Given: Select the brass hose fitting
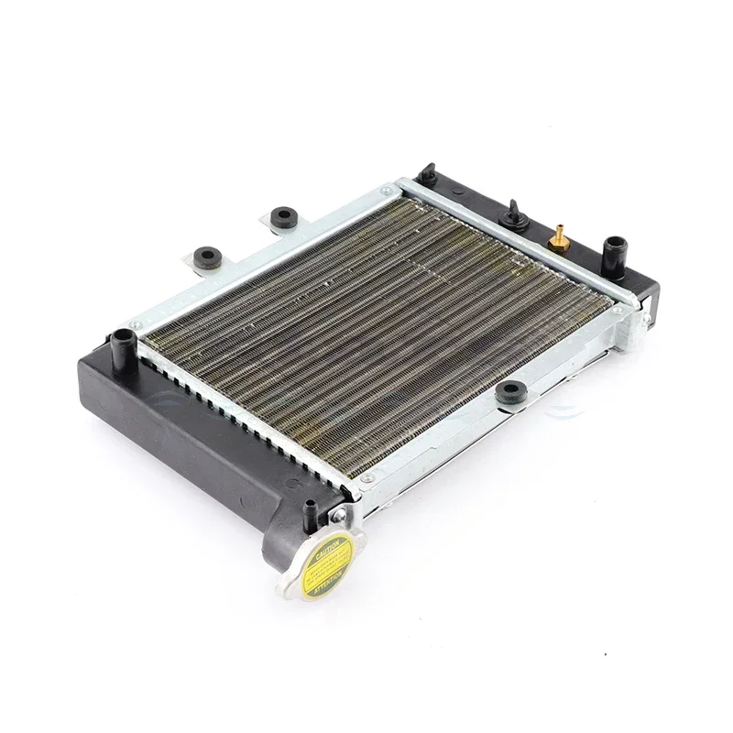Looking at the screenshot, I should coord(556,237).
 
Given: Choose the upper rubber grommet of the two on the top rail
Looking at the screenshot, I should coord(283,216).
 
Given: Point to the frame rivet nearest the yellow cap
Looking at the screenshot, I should coord(366,477).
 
